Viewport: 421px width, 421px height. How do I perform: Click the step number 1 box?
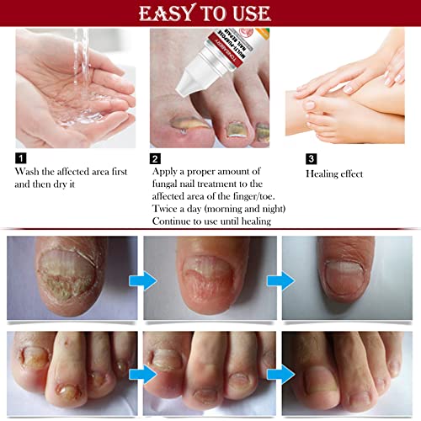coord(21,157)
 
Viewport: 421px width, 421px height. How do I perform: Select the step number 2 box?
coord(156,157)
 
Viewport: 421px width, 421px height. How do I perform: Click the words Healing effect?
coord(336,173)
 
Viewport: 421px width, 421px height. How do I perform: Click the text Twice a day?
coord(179,207)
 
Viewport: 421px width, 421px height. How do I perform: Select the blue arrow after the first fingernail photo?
coord(145,280)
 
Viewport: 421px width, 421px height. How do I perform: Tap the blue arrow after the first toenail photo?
coord(145,372)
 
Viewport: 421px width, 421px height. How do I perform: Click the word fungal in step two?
coord(168,183)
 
